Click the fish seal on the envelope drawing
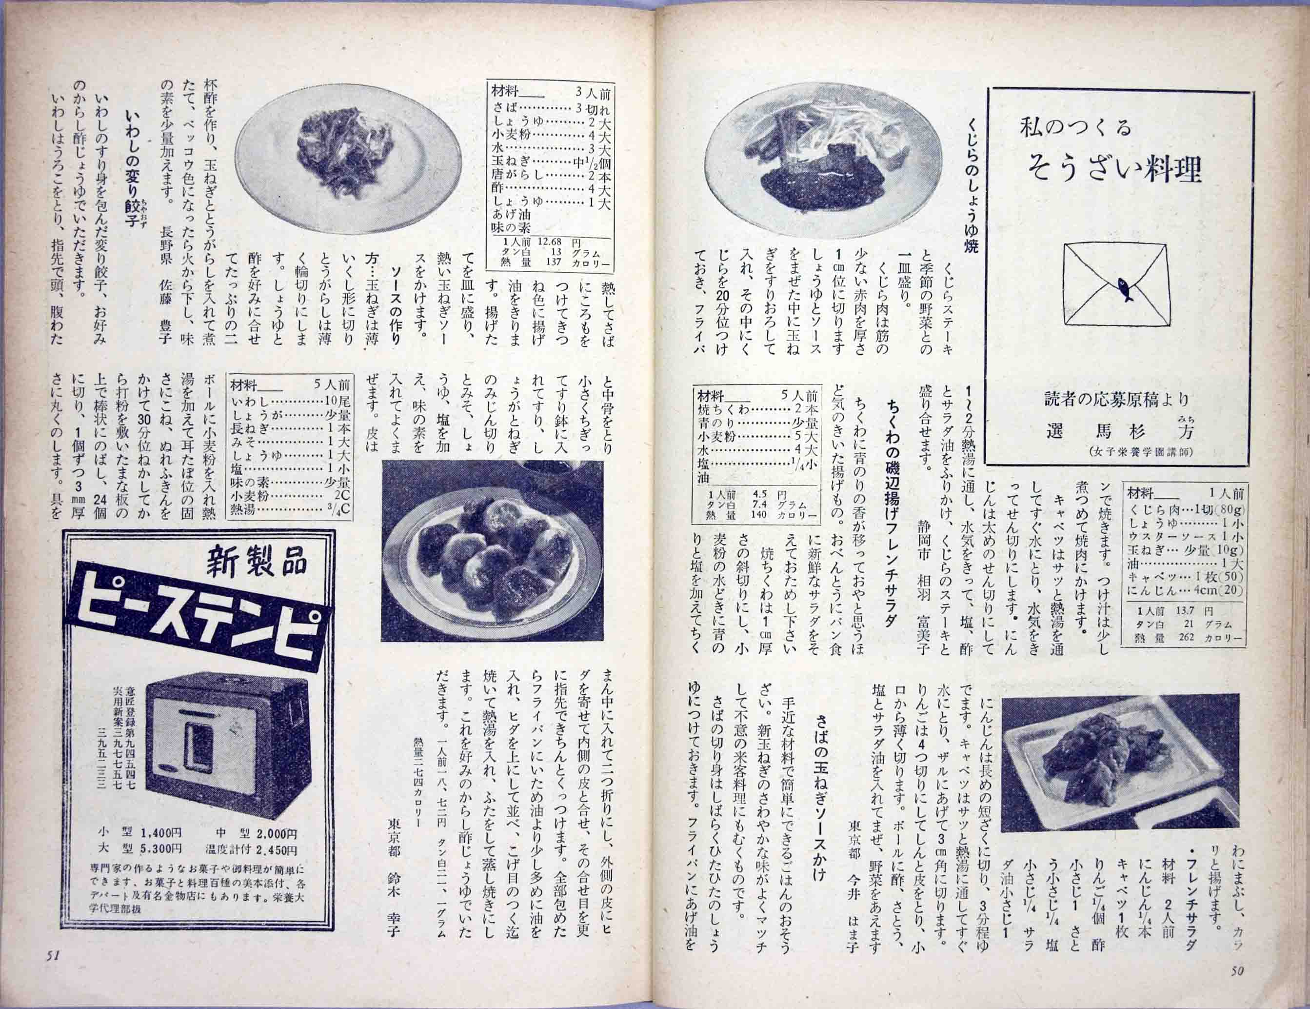point(1126,290)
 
